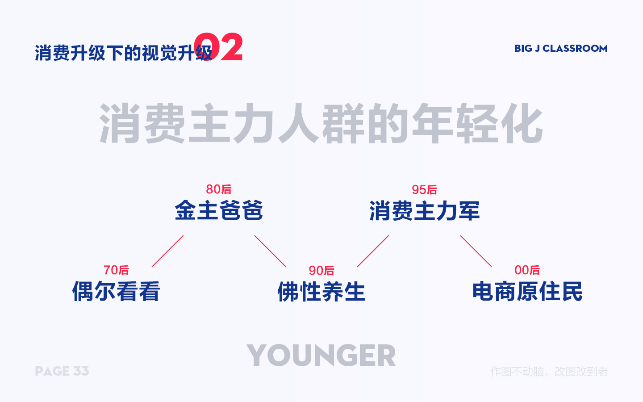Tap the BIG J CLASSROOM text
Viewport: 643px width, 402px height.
pyautogui.click(x=560, y=48)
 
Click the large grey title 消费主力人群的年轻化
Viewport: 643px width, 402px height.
pyautogui.click(x=321, y=124)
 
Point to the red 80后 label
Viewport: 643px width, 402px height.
pyautogui.click(x=219, y=189)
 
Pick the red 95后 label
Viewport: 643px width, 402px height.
pyautogui.click(x=424, y=190)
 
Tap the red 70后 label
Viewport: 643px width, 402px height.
pyautogui.click(x=116, y=270)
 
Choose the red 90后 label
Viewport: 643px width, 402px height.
pyautogui.click(x=321, y=271)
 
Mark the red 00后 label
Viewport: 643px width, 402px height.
pyautogui.click(x=527, y=270)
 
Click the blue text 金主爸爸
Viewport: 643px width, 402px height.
pyautogui.click(x=219, y=210)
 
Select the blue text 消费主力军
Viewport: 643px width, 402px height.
pyautogui.click(x=424, y=211)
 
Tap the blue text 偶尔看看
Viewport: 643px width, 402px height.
pyautogui.click(x=116, y=291)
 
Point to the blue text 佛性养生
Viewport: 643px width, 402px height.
pyautogui.click(x=321, y=292)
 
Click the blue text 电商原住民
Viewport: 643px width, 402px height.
pyautogui.click(x=527, y=291)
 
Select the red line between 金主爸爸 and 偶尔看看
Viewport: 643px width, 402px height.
pyautogui.click(x=167, y=251)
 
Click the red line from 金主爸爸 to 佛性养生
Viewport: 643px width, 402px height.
pyautogui.click(x=270, y=251)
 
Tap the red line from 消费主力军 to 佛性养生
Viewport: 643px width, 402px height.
pyautogui.click(x=373, y=251)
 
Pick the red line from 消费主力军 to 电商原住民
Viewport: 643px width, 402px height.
pyautogui.click(x=476, y=251)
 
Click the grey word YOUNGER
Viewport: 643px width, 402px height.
pyautogui.click(x=321, y=356)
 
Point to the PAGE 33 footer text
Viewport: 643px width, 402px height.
pyautogui.click(x=62, y=371)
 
